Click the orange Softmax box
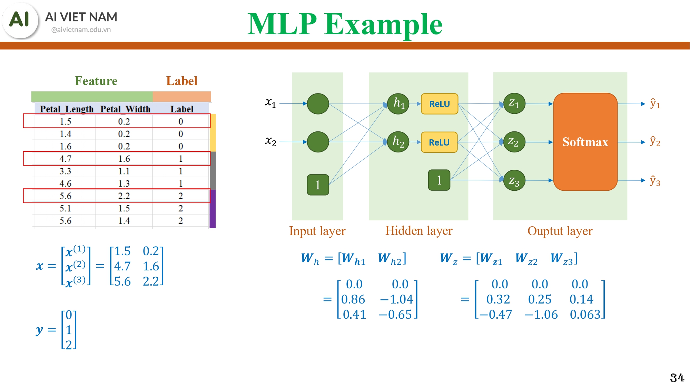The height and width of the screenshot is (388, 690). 585,142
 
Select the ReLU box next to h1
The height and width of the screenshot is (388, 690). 439,104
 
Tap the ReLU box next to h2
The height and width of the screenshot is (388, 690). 439,142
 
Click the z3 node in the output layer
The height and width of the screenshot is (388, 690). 514,180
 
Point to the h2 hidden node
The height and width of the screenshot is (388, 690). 398,142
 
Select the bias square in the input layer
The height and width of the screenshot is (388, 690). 318,185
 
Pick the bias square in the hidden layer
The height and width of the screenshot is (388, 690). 439,180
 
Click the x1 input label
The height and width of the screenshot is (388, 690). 270,102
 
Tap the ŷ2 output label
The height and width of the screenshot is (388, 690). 655,141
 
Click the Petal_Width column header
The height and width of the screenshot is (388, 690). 125,109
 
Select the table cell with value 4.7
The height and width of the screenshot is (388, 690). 65,159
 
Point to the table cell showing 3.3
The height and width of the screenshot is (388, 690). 65,171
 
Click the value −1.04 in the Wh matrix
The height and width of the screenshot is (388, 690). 396,299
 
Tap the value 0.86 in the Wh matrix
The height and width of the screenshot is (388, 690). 353,299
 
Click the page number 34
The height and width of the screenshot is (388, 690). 677,378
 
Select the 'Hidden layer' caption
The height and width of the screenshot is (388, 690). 418,231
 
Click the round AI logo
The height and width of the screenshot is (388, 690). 20,20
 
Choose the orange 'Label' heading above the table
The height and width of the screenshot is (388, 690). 181,81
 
